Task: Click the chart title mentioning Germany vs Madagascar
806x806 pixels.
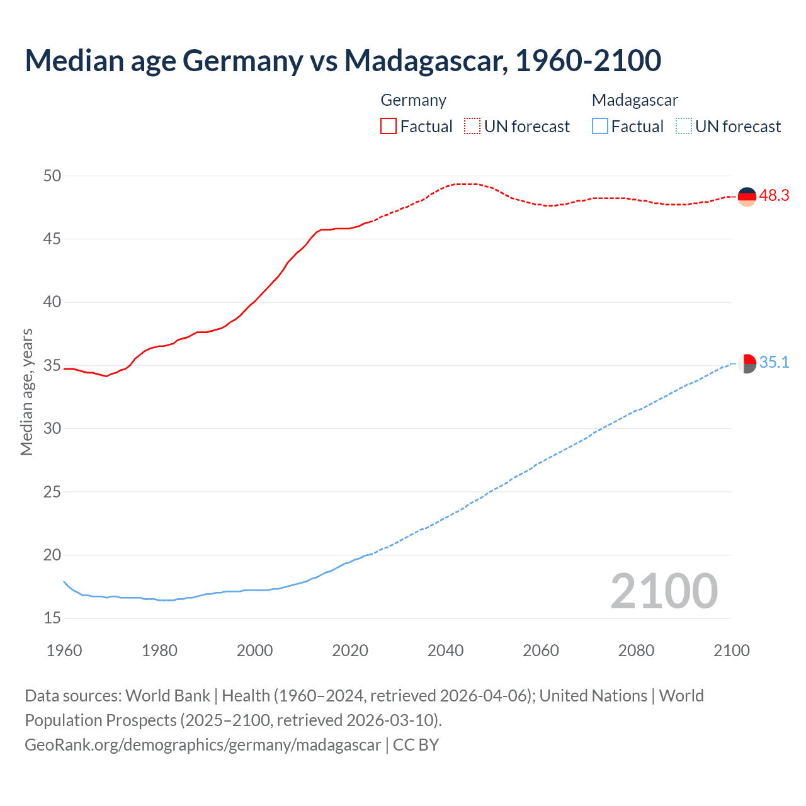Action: [343, 60]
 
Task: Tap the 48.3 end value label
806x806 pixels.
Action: [774, 195]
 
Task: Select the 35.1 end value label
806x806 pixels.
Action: [774, 362]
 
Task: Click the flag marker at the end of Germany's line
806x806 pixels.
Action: [747, 196]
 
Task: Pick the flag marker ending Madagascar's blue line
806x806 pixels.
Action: [747, 363]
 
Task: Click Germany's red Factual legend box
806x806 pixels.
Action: [389, 127]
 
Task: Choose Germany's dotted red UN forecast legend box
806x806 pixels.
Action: [472, 127]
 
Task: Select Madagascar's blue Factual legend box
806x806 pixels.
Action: [600, 127]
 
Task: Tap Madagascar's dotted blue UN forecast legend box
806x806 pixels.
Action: [684, 127]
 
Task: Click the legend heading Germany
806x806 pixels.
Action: [414, 100]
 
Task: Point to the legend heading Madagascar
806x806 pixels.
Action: [635, 100]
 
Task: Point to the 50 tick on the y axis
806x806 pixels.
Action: [52, 176]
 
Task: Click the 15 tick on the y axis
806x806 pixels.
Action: [52, 618]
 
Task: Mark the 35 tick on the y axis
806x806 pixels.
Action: [52, 365]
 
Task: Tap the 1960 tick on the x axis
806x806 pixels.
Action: [64, 650]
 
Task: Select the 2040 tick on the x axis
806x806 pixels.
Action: [445, 650]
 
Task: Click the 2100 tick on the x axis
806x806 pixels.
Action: [731, 650]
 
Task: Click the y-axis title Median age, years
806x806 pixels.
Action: [26, 392]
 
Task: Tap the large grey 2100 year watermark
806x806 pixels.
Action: [664, 591]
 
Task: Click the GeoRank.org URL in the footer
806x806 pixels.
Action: [203, 745]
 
